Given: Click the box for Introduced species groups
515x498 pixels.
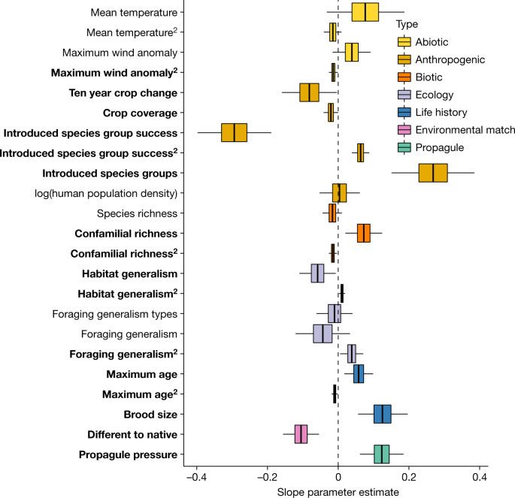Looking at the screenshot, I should coord(433,173).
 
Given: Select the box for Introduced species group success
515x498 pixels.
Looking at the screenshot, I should coord(234,133).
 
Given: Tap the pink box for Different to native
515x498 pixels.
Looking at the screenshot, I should coord(301,434).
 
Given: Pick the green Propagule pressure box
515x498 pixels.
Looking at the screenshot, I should coord(382,454).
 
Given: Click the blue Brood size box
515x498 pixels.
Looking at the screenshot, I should coord(383,414).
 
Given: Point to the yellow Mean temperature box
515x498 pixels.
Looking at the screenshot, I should coord(365,12).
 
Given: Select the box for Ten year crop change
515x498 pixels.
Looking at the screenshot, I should coord(309,92).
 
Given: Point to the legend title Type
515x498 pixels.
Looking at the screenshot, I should coord(406,25).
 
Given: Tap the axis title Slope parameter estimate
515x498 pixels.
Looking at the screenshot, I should coord(338,491).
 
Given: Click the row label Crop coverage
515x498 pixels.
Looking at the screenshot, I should coord(140,113).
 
